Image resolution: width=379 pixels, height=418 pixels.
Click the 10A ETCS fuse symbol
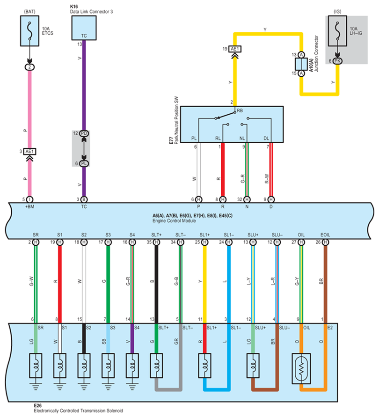29,30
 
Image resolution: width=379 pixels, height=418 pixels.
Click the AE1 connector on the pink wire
29,152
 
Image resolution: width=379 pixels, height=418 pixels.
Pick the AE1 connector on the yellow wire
235,49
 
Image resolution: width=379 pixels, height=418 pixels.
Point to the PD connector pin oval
84,134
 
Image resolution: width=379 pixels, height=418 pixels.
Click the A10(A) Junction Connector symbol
301,64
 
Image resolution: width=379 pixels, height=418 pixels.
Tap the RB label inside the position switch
240,111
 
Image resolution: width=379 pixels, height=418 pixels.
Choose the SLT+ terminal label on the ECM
156,235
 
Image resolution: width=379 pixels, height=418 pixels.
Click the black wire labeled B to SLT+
156,281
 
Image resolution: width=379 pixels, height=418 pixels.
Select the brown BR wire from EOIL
326,281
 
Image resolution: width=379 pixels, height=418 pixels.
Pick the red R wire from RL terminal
223,169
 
